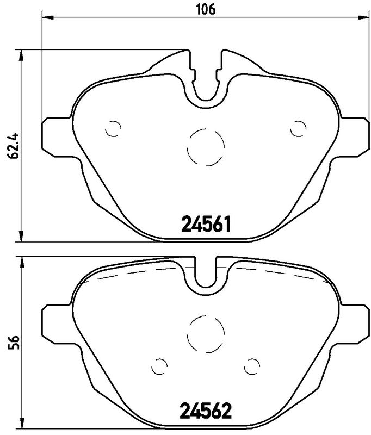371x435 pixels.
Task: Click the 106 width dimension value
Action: tap(206, 10)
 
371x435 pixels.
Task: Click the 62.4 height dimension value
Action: tap(13, 145)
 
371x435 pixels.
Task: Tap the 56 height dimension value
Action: tap(13, 343)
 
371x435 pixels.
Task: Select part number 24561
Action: tap(206, 224)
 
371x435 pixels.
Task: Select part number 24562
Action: tap(206, 411)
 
